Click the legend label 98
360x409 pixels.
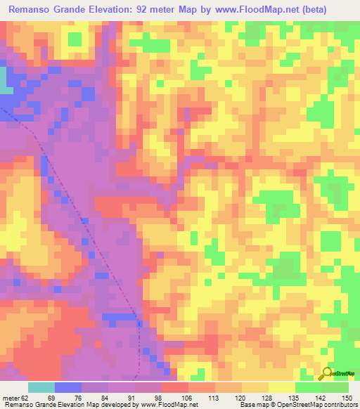(x=157, y=397)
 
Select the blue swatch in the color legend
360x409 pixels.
(x=67, y=387)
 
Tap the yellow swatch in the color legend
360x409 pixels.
(x=281, y=387)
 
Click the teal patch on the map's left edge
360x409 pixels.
(x=6, y=80)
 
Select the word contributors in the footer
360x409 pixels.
(x=343, y=405)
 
